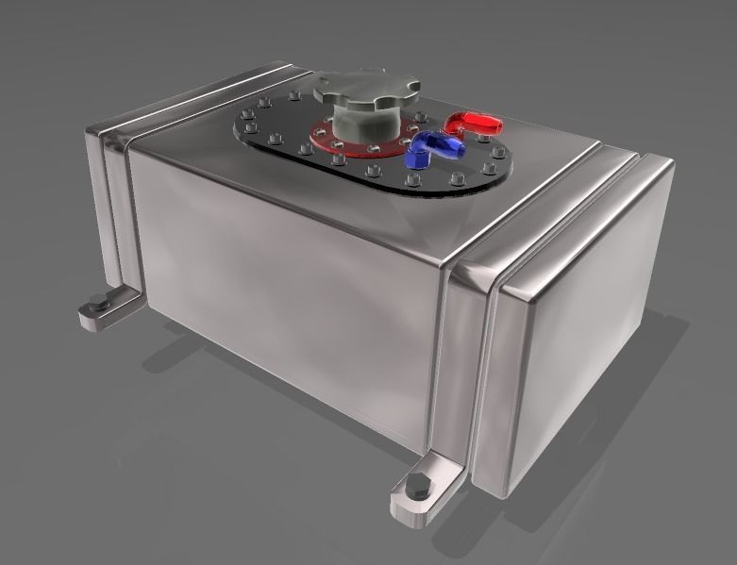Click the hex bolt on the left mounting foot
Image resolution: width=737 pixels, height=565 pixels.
click(x=97, y=304)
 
